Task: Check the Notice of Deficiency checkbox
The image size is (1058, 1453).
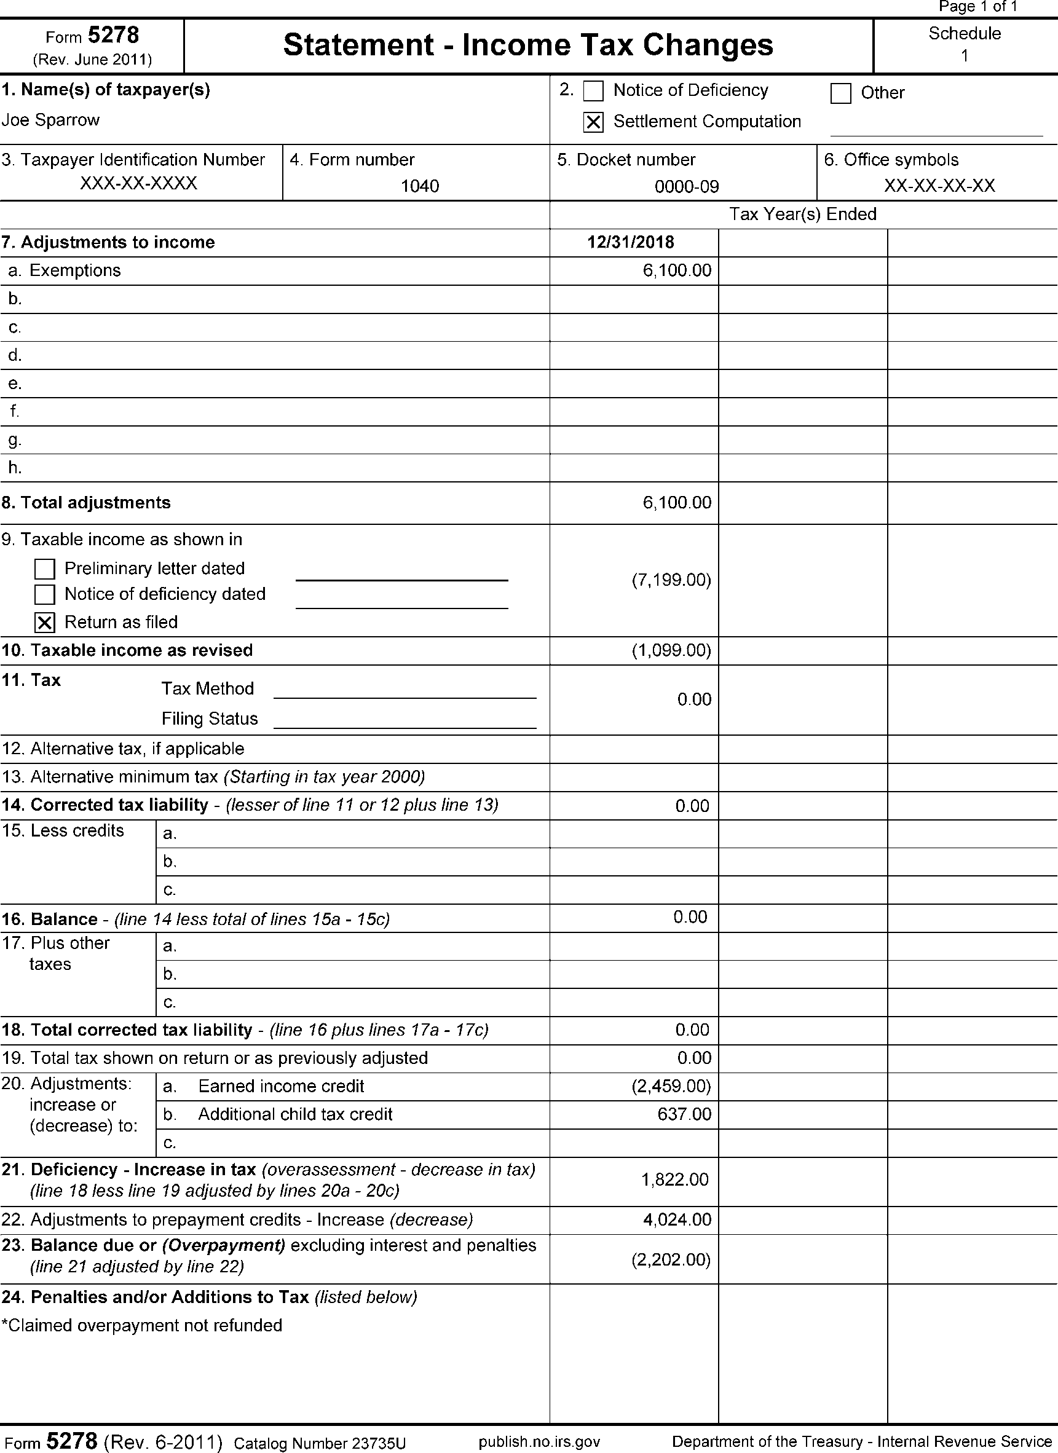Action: coord(593,92)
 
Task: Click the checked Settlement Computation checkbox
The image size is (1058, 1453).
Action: coord(593,122)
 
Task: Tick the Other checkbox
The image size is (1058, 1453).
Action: coord(840,93)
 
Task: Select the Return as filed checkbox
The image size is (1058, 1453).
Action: coord(45,623)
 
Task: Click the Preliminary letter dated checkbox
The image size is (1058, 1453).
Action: coord(45,569)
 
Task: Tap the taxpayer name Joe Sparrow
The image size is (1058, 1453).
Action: coord(50,120)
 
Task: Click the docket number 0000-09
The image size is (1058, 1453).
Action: coord(686,186)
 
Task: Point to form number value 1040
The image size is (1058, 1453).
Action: coord(420,186)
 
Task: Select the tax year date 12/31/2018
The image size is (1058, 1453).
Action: coord(631,242)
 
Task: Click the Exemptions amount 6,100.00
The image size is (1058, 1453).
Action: coord(677,270)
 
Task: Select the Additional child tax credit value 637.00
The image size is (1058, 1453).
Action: coord(684,1114)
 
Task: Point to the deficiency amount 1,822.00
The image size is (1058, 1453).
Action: coord(675,1179)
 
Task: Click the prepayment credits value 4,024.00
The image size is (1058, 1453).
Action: coord(677,1219)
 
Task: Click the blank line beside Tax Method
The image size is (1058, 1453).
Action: coord(405,692)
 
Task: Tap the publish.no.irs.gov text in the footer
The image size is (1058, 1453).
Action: coord(539,1441)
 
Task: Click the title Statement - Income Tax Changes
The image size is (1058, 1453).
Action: coord(528,45)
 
